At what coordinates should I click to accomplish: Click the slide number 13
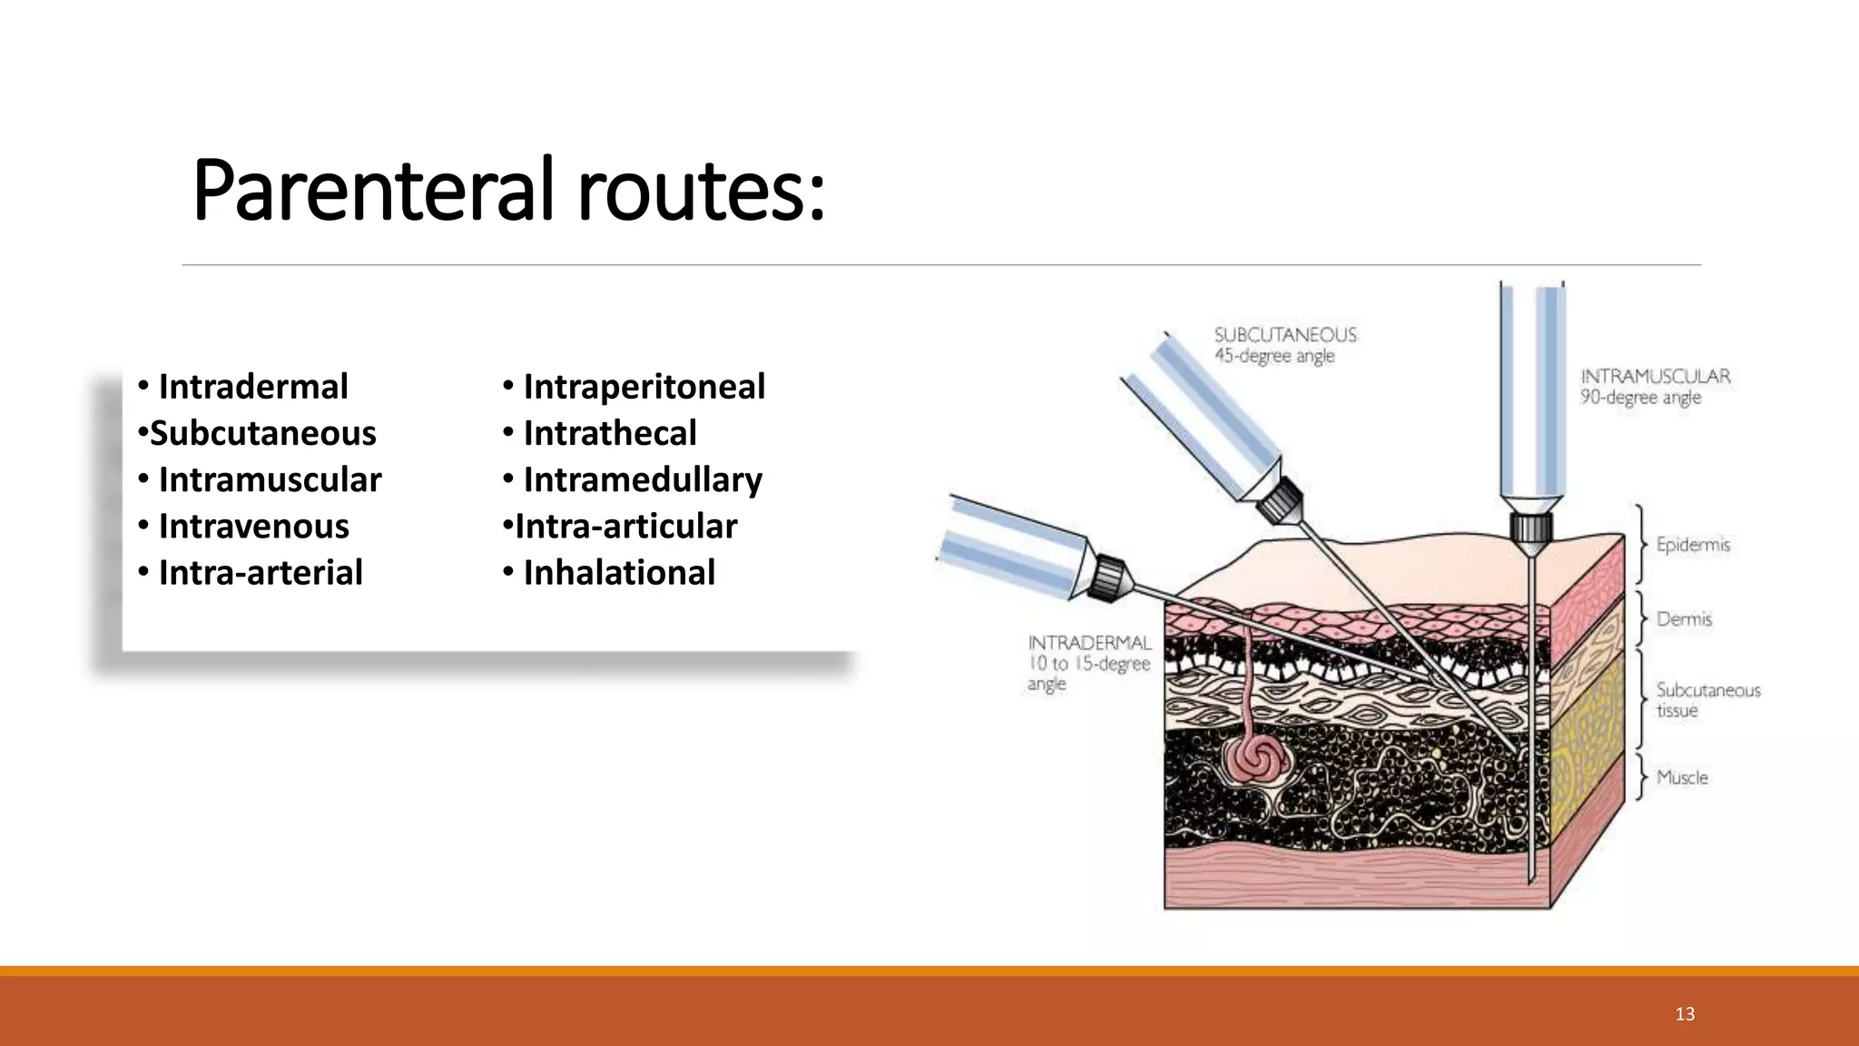coord(1685,1014)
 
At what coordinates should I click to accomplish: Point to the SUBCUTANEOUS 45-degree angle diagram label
coord(1284,345)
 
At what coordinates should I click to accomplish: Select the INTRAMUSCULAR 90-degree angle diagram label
coord(1655,387)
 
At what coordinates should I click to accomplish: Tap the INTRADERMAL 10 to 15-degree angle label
coord(1088,663)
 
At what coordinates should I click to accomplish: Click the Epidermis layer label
coord(1693,545)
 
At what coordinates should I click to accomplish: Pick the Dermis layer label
coord(1684,619)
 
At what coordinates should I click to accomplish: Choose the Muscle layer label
coord(1682,777)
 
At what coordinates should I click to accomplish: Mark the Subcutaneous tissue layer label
coord(1707,700)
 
